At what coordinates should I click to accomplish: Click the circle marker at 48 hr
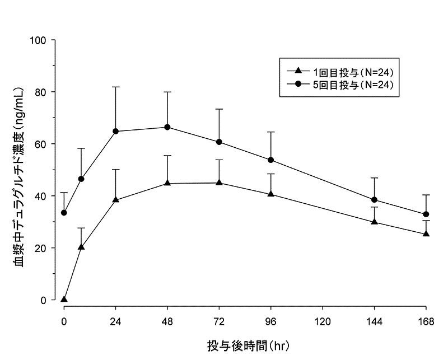167,127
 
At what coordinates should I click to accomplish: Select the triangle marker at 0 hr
64,299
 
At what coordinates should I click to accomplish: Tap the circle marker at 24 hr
116,131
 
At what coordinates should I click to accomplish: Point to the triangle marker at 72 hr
219,183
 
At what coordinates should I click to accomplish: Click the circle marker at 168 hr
426,214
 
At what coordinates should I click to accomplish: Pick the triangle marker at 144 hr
374,222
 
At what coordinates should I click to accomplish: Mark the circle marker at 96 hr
271,160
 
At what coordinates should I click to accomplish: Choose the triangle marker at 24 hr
116,199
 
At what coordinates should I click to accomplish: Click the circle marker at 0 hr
64,213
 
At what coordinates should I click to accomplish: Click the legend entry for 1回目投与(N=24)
339,72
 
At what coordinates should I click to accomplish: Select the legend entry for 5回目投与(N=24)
339,84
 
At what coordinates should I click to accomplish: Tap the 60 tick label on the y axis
42,144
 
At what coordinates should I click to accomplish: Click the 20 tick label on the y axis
42,248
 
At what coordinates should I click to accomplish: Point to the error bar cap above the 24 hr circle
116,87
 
